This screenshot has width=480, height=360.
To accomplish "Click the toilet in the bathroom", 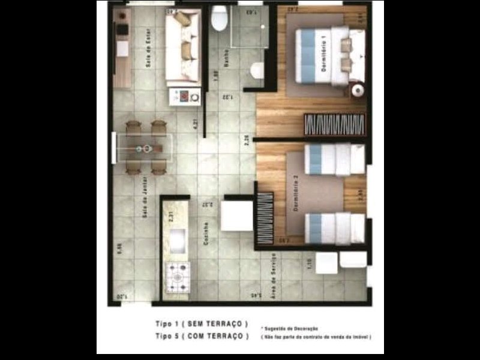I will (219, 19).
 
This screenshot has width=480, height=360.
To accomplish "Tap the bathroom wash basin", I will (257, 70).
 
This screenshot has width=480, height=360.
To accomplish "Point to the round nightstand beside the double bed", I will (357, 90).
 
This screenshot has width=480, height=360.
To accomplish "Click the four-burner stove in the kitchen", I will (178, 277).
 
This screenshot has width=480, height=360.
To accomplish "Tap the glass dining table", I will (144, 148).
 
